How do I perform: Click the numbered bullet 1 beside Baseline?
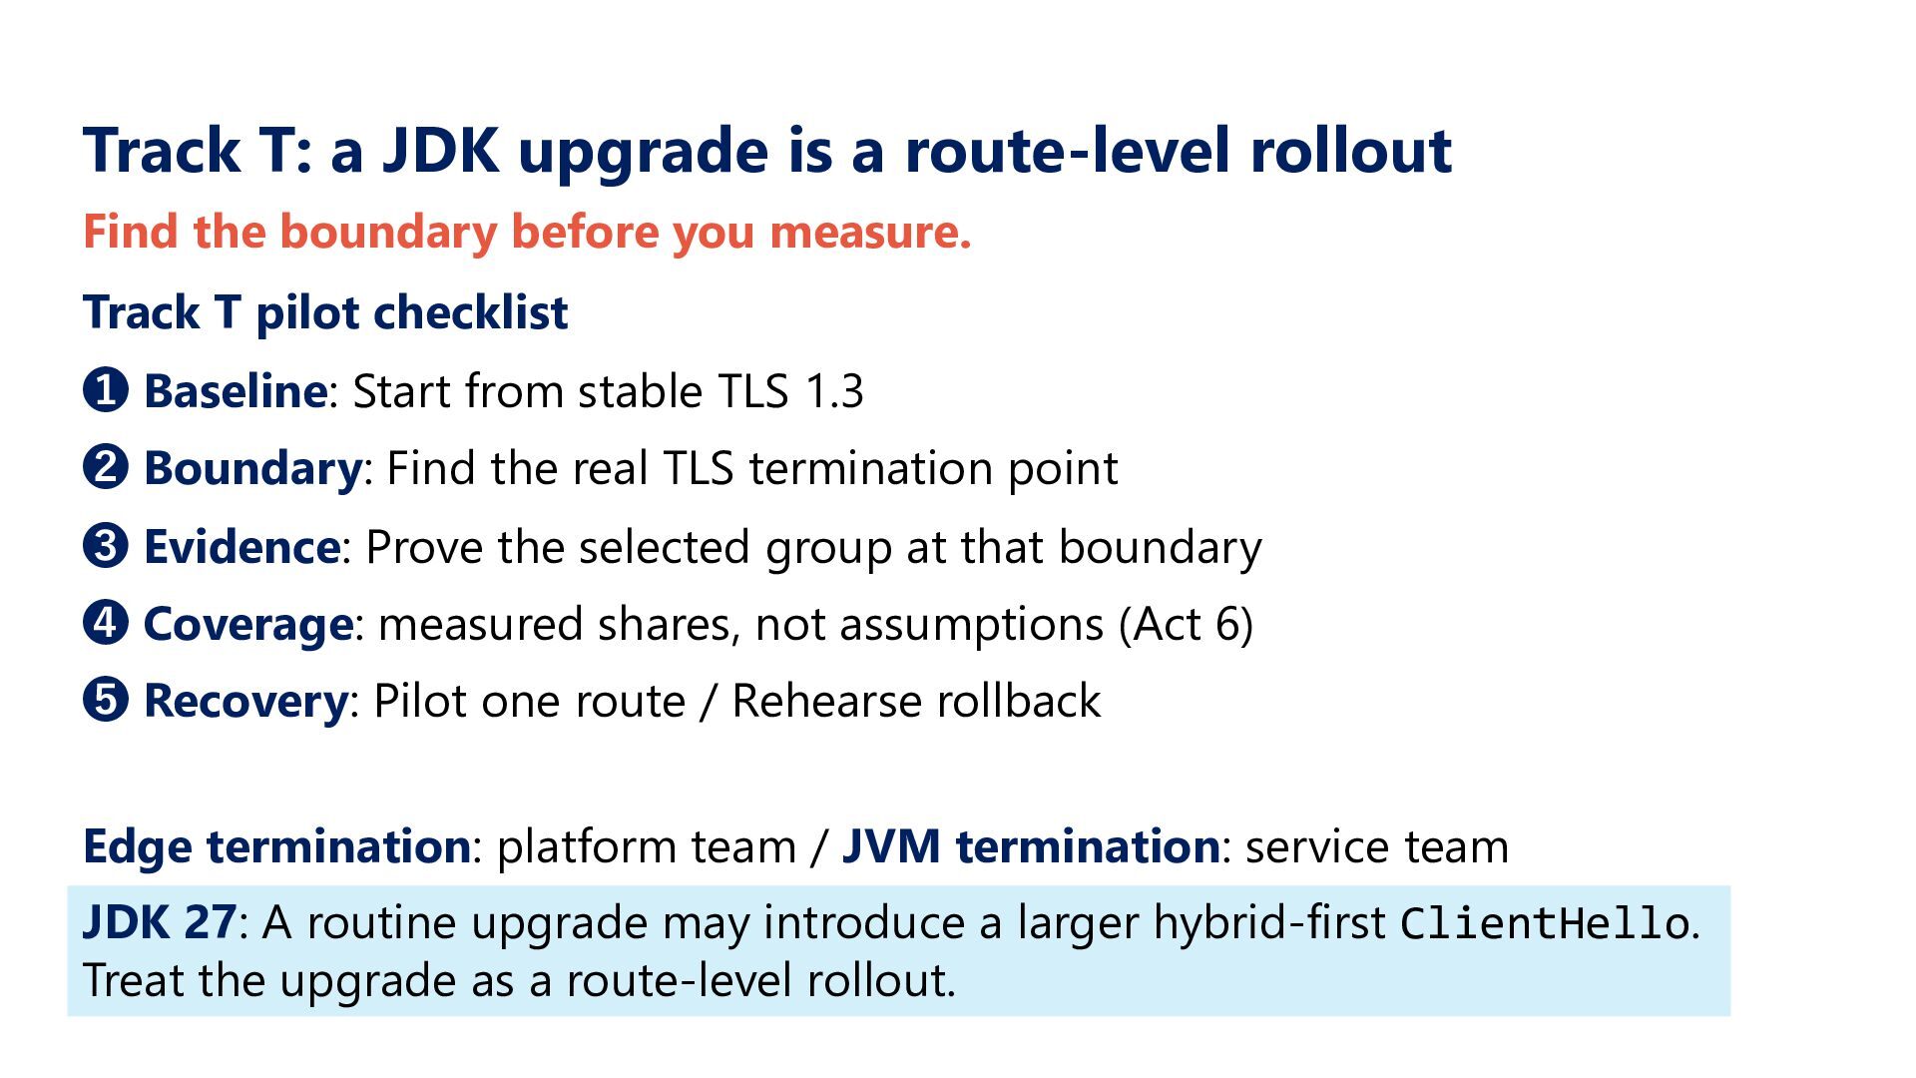tap(106, 390)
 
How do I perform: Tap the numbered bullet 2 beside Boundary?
tap(106, 467)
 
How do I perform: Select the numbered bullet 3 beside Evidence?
tap(106, 546)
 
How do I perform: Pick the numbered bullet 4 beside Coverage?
tap(106, 623)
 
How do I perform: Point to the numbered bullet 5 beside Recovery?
tap(106, 700)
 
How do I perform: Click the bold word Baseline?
tap(235, 390)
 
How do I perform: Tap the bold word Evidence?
tap(242, 546)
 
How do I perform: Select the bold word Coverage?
tap(248, 625)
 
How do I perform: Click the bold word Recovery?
tap(246, 701)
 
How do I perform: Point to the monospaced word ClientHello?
tap(1544, 923)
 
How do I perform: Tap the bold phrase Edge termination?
tap(276, 845)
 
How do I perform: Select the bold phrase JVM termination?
tap(1030, 845)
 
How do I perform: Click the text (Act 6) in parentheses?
tap(1186, 625)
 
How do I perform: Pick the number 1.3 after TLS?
tap(834, 391)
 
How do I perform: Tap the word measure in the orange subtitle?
tap(870, 233)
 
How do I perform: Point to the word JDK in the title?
tap(441, 150)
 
